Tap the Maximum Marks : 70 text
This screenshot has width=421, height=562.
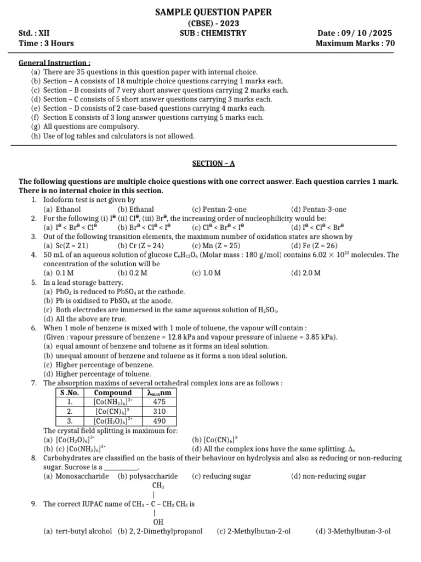pyautogui.click(x=355, y=43)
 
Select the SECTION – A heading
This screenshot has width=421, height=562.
pyautogui.click(x=213, y=164)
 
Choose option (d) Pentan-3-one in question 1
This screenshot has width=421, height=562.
pyautogui.click(x=318, y=209)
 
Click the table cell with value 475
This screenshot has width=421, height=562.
pyautogui.click(x=160, y=402)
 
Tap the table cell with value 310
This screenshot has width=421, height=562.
pyautogui.click(x=160, y=411)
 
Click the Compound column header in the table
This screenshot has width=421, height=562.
pyautogui.click(x=113, y=392)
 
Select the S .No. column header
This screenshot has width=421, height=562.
pyautogui.click(x=70, y=392)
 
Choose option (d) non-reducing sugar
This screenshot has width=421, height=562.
pyautogui.click(x=328, y=476)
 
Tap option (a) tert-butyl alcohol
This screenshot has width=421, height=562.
pyautogui.click(x=77, y=531)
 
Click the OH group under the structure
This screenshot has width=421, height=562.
pyautogui.click(x=158, y=521)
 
